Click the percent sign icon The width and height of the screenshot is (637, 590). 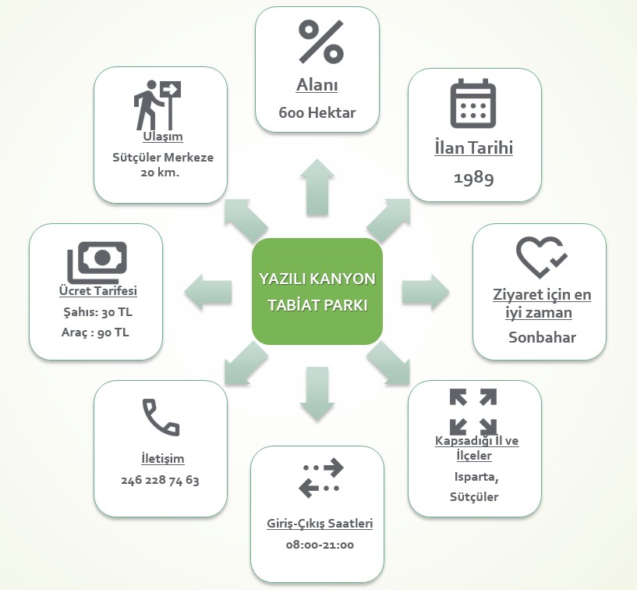[320, 41]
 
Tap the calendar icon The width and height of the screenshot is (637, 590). [473, 103]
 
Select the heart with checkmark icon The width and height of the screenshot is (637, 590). [541, 257]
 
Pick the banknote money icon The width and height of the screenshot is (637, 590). [97, 261]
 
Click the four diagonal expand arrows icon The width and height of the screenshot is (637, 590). [473, 411]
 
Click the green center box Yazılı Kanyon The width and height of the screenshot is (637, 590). [317, 290]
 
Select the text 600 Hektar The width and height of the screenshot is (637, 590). [317, 112]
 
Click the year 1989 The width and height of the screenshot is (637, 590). [474, 178]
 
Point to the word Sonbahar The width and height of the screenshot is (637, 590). [541, 338]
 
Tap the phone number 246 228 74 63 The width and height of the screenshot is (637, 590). [161, 481]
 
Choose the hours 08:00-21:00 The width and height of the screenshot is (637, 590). [320, 545]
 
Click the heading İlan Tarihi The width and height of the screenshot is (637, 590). [474, 148]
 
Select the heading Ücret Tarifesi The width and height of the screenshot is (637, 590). [98, 291]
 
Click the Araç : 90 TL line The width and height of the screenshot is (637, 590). [96, 332]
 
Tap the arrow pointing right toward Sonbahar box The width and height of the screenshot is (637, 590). [426, 292]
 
